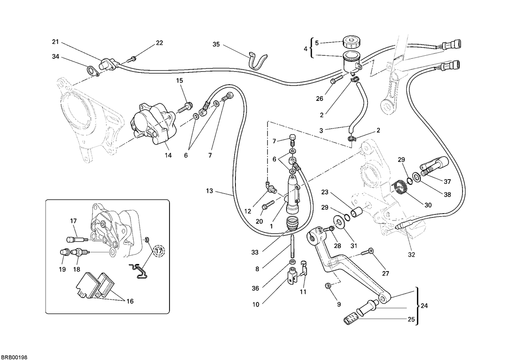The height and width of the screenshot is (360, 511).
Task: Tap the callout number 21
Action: coord(55,42)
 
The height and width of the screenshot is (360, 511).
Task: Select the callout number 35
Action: coord(216,44)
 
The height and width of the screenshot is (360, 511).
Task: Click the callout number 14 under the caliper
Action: coord(168,155)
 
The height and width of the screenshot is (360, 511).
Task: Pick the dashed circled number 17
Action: coord(158,251)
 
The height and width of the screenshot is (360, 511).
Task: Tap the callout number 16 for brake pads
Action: coord(130,301)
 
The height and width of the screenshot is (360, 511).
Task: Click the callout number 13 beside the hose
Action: coord(210,191)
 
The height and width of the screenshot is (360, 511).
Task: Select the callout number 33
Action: coord(255,252)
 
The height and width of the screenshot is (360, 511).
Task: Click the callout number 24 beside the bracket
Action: coord(424,306)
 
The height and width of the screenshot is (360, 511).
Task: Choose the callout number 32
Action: coord(411,254)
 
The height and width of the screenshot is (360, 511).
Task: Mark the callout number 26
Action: coord(319,98)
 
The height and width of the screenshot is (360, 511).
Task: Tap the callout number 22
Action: coord(159,43)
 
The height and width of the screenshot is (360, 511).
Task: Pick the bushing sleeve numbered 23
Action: coord(356,212)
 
